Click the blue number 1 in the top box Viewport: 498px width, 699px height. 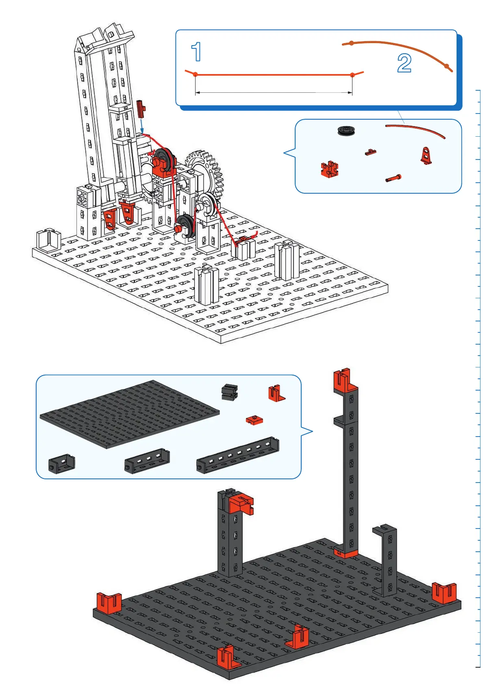tap(197, 52)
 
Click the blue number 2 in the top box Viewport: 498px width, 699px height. tap(404, 63)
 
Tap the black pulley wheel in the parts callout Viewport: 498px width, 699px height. tap(347, 131)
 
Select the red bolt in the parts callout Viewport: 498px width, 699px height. tap(394, 178)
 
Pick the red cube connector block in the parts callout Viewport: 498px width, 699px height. tap(329, 169)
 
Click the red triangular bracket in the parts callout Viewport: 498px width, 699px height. tap(426, 155)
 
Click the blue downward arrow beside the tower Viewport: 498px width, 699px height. tap(141, 123)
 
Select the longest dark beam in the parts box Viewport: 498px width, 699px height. tap(238, 456)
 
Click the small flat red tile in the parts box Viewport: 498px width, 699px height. tap(254, 420)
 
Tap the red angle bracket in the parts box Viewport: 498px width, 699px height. tap(276, 393)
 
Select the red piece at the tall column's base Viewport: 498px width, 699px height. tap(345, 553)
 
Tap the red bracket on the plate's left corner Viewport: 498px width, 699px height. tap(109, 602)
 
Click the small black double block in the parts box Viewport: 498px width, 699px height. tap(229, 391)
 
